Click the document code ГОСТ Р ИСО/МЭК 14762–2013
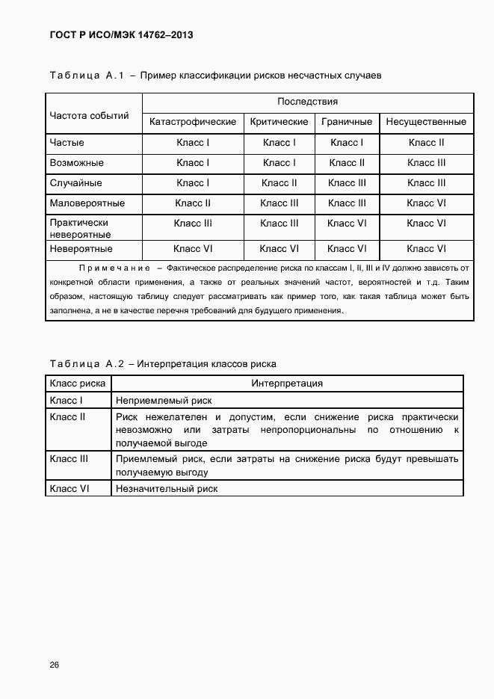pyautogui.click(x=115, y=35)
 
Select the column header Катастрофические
pyautogui.click(x=193, y=122)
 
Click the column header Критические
pyautogui.click(x=279, y=122)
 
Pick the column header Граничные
pyautogui.click(x=347, y=122)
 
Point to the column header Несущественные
pyautogui.click(x=426, y=122)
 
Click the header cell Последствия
pyautogui.click(x=308, y=102)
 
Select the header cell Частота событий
pyautogui.click(x=89, y=116)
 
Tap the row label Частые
pyautogui.click(x=67, y=142)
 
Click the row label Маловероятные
pyautogui.click(x=87, y=203)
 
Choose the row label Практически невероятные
pyautogui.click(x=80, y=228)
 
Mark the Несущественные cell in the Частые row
pyautogui.click(x=426, y=142)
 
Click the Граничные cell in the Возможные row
pyautogui.click(x=347, y=162)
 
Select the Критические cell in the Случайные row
pyautogui.click(x=279, y=182)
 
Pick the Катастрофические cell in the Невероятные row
pyautogui.click(x=193, y=249)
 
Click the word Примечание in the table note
pyautogui.click(x=111, y=268)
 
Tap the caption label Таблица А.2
pyautogui.click(x=86, y=364)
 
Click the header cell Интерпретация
pyautogui.click(x=287, y=383)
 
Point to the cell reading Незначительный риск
pyautogui.click(x=166, y=488)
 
